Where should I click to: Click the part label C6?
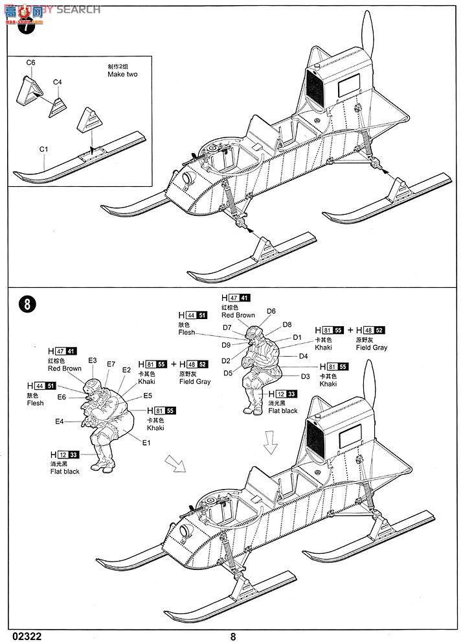[30, 62]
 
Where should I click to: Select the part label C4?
[57, 82]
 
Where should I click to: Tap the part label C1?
[44, 149]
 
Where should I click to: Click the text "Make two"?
[123, 75]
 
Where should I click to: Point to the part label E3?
[92, 361]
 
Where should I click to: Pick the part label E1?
[146, 443]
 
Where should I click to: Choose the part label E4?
[59, 422]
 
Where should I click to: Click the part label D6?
[271, 311]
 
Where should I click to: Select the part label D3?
[306, 376]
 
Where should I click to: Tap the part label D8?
[287, 324]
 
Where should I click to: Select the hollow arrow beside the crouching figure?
[175, 463]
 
